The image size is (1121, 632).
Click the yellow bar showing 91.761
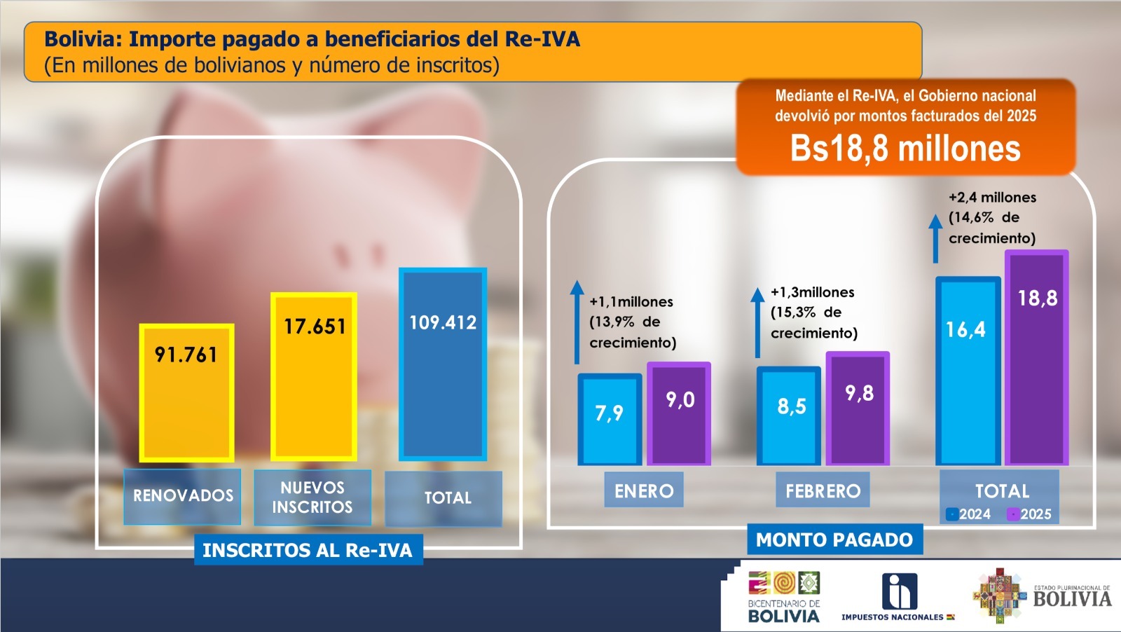tap(186, 392)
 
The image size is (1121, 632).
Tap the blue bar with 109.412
tap(443, 364)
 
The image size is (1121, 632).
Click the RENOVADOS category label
tap(183, 496)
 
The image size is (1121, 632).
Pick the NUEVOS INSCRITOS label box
tap(312, 497)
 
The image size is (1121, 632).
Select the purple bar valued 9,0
tap(679, 413)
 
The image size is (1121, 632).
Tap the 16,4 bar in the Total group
tap(968, 371)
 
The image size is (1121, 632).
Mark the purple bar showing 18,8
tap(1037, 357)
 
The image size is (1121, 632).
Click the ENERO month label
tap(644, 490)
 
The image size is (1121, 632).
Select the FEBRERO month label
tap(823, 490)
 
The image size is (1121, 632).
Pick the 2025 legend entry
tap(1029, 514)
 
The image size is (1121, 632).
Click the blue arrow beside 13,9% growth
tap(577, 322)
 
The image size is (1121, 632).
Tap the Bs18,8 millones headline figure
tap(905, 149)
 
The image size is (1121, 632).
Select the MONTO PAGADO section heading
tap(834, 540)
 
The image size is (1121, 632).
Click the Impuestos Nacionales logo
tap(898, 596)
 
